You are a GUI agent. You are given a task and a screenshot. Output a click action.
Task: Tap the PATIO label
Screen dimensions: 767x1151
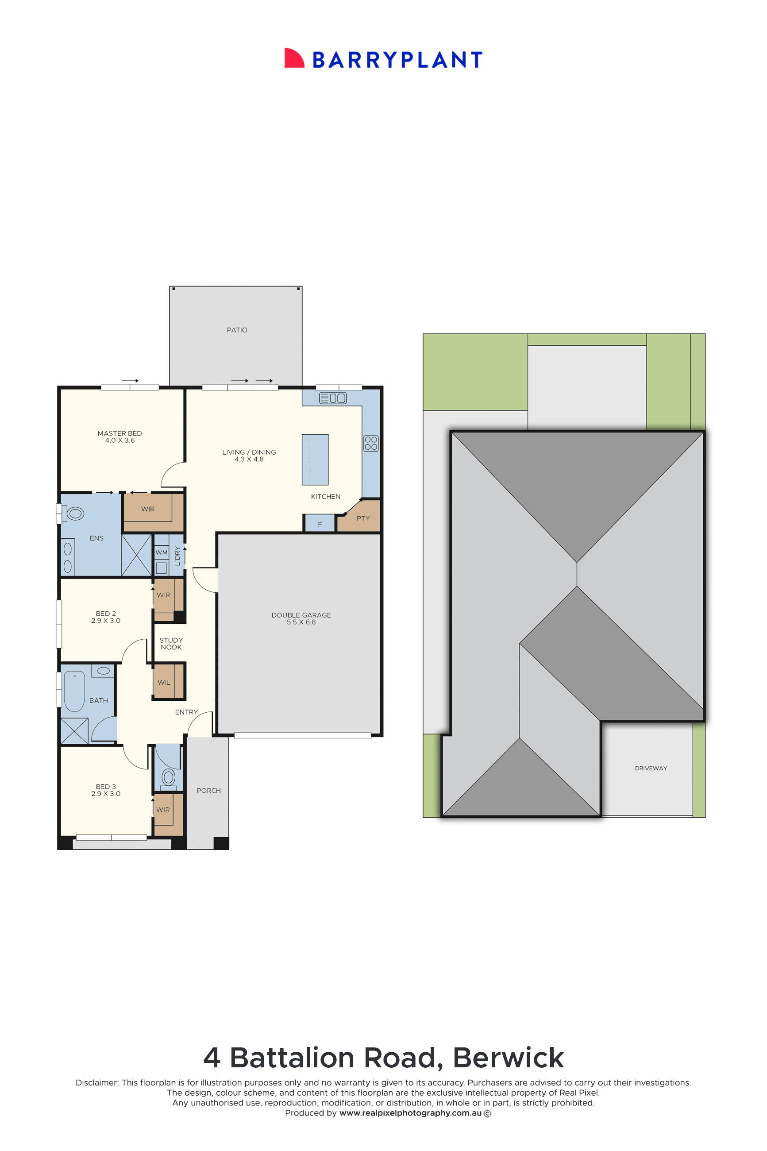coord(237,330)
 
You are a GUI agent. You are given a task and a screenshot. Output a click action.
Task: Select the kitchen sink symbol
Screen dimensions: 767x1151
coord(333,398)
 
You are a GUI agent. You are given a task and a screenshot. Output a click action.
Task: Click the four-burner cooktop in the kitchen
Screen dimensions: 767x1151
coord(371,443)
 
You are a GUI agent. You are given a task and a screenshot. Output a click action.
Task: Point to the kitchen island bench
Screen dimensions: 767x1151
coord(315,460)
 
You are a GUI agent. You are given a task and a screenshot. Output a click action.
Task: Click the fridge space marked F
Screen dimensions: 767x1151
coord(320,523)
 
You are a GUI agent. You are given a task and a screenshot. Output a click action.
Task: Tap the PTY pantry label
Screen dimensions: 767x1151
coord(363,518)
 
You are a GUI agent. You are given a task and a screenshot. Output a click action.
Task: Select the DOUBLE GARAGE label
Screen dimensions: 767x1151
coord(301,615)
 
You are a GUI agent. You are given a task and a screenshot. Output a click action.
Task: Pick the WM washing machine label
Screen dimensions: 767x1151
coord(162,552)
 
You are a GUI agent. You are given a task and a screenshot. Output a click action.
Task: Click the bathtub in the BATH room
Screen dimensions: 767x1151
coord(74,691)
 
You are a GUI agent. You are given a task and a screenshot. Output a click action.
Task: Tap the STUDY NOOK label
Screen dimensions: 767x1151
coord(171,643)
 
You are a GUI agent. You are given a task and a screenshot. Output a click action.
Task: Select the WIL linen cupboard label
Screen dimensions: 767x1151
coord(164,682)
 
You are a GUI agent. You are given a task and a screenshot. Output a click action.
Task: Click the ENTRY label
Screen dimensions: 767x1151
coord(186,712)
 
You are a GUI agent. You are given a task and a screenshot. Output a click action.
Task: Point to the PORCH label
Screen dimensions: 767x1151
coord(208,791)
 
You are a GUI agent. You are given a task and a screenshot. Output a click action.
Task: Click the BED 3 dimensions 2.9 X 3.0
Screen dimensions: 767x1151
coord(106,793)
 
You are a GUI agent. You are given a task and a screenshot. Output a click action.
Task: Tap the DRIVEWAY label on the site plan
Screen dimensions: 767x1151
coord(651,768)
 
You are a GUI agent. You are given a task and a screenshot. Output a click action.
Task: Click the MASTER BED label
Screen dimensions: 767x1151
coord(120,433)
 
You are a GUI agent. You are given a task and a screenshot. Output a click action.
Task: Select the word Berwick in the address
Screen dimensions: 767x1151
coord(508,1058)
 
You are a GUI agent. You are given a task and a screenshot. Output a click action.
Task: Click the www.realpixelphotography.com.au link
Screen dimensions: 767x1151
coord(410,1113)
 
